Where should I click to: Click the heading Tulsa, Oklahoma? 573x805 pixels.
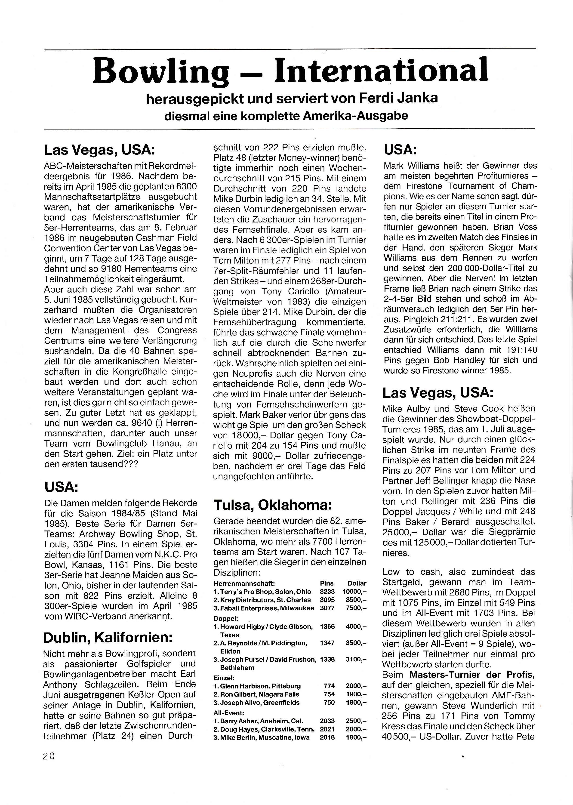pyautogui.click(x=272, y=505)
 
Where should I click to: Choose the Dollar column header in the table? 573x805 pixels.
pyautogui.click(x=357, y=583)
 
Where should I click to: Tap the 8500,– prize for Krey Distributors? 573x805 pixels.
pyautogui.click(x=356, y=600)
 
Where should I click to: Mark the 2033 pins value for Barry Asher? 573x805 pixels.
pyautogui.click(x=327, y=721)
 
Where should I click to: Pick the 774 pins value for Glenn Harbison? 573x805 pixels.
pyautogui.click(x=329, y=686)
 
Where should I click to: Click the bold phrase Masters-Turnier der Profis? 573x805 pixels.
pyautogui.click(x=472, y=675)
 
